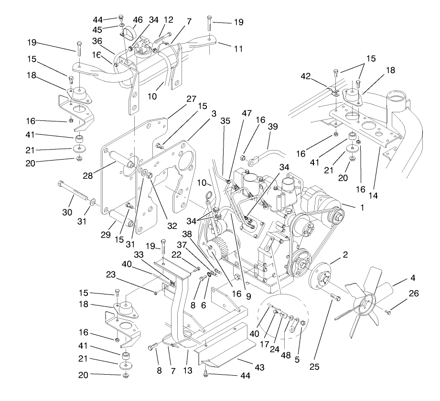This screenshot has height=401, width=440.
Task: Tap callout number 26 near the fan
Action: [413, 294]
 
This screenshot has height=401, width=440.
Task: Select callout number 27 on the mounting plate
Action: [178, 99]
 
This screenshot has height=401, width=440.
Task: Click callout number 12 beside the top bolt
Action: [168, 20]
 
